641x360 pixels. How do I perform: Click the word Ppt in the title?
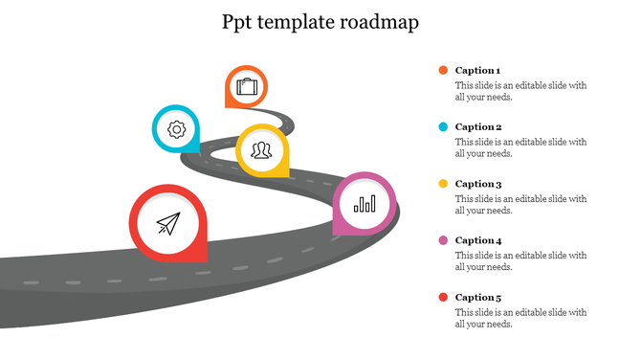(238, 22)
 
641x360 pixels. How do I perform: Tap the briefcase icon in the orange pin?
(246, 87)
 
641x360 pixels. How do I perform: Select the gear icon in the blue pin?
(176, 129)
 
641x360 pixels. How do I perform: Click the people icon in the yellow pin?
(262, 149)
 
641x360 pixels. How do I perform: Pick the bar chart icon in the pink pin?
(365, 202)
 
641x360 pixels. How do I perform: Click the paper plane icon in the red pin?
(168, 224)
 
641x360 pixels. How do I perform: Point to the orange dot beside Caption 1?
(443, 70)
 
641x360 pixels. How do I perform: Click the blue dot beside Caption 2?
(443, 126)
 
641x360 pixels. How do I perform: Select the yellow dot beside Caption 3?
(443, 183)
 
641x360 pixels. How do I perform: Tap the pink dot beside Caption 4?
(443, 240)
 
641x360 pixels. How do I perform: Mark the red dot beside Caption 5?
(443, 297)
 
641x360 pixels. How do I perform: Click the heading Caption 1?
(477, 70)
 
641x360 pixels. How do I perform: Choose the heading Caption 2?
(477, 126)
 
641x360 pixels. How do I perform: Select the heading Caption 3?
(477, 184)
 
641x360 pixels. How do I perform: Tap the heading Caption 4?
(477, 240)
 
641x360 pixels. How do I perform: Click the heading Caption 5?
(477, 297)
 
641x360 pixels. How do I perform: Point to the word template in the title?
(298, 22)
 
